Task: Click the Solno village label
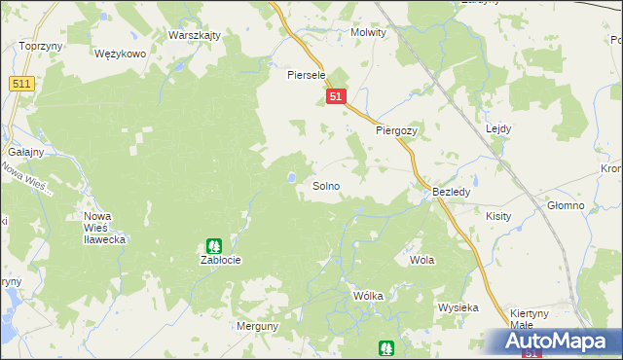point(325,185)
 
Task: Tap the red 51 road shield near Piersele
point(336,96)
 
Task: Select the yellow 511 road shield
point(21,85)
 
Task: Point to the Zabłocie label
point(220,261)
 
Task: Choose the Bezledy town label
point(452,193)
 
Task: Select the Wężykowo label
point(120,54)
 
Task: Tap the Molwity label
point(368,32)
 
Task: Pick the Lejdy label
point(498,128)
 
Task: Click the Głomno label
point(565,205)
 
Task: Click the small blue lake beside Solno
point(291,177)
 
